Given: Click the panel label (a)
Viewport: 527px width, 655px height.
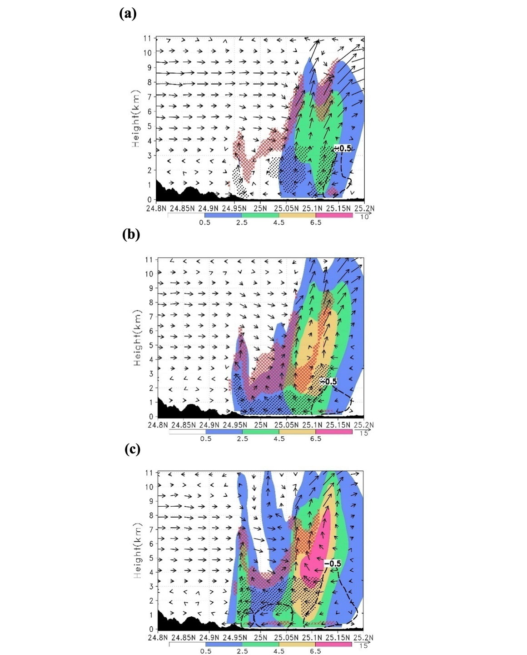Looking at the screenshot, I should (x=128, y=14).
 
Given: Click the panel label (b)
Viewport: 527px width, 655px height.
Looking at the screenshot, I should (x=131, y=234).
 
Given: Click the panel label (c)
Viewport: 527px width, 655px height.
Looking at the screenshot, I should (x=132, y=449).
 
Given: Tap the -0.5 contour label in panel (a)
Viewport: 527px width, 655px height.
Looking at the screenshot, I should (x=343, y=148).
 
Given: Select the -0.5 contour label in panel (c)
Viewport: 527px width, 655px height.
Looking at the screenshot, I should (x=333, y=564).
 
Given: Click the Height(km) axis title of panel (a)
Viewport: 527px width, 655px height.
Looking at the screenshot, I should (x=136, y=118).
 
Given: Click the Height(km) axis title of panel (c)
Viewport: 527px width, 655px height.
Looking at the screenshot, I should (x=137, y=551).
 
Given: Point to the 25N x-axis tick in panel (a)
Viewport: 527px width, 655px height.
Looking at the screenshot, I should (x=260, y=208).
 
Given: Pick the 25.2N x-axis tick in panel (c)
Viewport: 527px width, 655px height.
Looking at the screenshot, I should (x=364, y=638).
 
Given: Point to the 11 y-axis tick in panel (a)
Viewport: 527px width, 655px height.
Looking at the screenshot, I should (x=147, y=39).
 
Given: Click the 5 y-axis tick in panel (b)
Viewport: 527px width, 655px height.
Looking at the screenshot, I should (x=151, y=345).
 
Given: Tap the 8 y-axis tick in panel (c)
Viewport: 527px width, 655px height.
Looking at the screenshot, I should (x=151, y=515).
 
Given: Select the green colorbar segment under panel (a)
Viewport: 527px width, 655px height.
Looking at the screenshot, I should (x=260, y=215).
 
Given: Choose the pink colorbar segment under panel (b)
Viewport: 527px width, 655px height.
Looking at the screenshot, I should (x=334, y=431).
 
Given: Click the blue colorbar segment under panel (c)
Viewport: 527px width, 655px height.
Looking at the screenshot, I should (x=224, y=644).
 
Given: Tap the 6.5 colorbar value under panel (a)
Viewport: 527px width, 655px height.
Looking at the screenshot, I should (x=316, y=222).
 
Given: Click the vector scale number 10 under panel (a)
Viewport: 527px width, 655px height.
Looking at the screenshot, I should (x=364, y=217).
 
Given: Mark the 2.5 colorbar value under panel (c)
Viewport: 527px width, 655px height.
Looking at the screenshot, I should (x=242, y=651).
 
